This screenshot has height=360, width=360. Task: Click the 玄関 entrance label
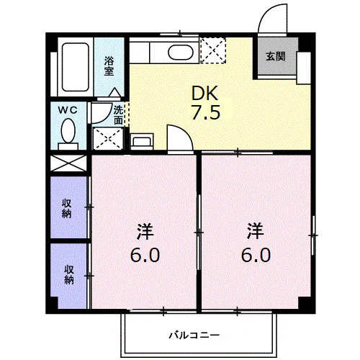coord(275,56)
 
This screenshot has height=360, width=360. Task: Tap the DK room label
coord(204,93)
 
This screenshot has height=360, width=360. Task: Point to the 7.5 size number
coord(206,112)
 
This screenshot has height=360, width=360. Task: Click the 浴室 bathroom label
coord(109,66)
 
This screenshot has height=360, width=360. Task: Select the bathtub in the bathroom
coord(76,67)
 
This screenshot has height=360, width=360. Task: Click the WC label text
coord(68,110)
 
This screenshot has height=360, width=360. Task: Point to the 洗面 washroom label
coord(118,115)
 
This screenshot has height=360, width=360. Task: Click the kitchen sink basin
coord(181,53)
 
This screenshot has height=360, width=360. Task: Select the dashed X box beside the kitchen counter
coord(213,50)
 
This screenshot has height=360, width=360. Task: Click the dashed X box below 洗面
coord(108,138)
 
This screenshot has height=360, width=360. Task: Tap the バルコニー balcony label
coord(194,335)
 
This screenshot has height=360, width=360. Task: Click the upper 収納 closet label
coord(66,209)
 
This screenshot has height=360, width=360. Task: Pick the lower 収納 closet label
coord(68,275)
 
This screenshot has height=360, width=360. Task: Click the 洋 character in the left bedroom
coord(145,231)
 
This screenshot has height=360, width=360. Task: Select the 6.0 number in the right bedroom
coord(256,255)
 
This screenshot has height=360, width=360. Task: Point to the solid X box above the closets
coord(68,163)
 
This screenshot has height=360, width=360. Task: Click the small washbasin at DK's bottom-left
coord(142,142)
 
